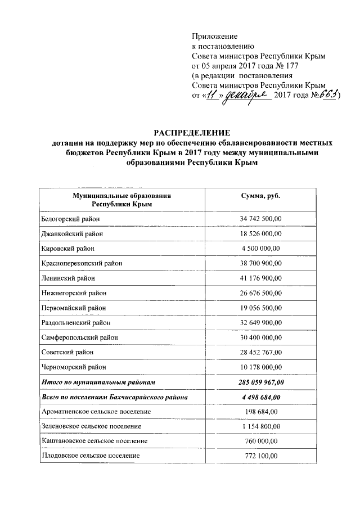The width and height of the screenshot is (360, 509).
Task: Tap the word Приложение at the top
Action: coord(214,35)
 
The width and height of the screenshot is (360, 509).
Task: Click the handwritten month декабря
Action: coord(247,96)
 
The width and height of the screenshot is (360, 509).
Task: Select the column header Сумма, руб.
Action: coord(260,195)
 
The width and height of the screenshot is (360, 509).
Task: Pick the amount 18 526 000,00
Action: coord(260,233)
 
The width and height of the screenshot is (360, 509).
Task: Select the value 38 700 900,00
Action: coord(260,263)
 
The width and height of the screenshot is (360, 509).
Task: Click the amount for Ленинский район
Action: coord(260,278)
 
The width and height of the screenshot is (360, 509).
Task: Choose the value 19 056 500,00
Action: coord(260,308)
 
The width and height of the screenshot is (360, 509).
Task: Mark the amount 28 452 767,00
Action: coord(260,352)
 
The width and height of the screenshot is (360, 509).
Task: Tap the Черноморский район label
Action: coord(74,367)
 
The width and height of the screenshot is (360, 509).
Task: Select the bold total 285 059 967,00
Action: coord(260,382)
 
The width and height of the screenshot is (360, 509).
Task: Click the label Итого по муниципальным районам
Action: coord(98,382)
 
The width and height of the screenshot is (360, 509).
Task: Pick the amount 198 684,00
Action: coord(260,412)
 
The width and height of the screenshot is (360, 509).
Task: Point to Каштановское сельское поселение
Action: coord(94,442)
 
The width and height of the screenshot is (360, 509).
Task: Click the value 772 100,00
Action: coord(260,456)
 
